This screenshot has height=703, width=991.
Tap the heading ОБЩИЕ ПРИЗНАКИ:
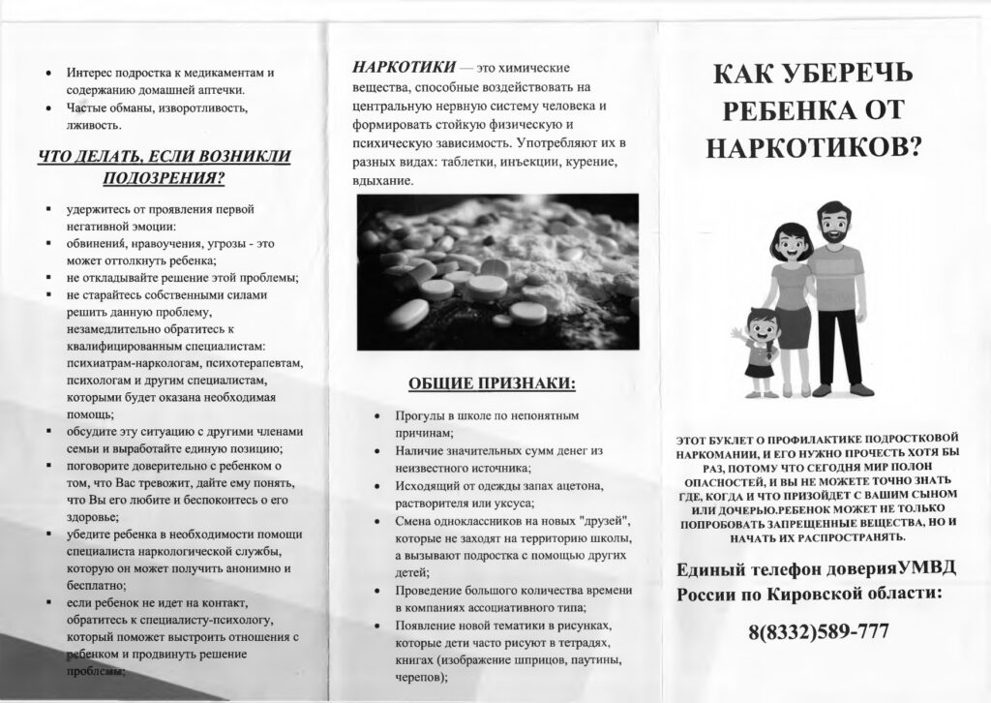[x=491, y=383]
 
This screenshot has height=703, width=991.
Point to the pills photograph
[x=497, y=258]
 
